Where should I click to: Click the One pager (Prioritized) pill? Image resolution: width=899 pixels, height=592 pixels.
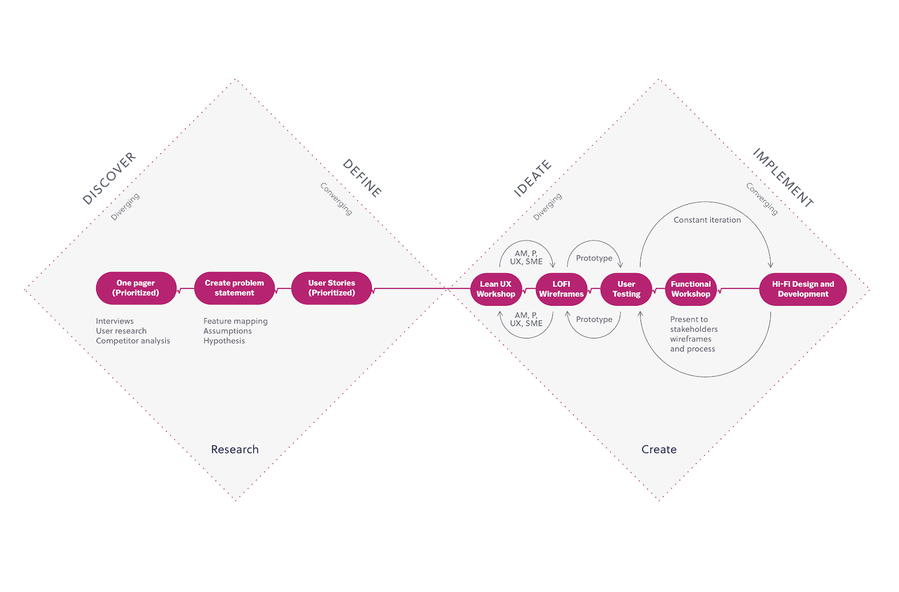(136, 288)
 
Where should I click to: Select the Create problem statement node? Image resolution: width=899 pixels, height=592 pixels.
(234, 288)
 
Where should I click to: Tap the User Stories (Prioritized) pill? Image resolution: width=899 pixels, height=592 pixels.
(332, 288)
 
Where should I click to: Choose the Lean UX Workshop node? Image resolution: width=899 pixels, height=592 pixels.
(496, 289)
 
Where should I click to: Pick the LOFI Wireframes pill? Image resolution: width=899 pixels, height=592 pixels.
(561, 289)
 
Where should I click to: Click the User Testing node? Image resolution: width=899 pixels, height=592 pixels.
(626, 289)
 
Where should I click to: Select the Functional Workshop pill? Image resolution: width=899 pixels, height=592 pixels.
(691, 289)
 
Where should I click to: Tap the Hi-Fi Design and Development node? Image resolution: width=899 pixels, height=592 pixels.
(803, 289)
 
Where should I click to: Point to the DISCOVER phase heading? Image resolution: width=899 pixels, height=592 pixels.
(109, 178)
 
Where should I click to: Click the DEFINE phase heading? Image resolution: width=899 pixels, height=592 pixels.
(362, 178)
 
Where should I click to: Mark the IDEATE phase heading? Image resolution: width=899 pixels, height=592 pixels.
(533, 178)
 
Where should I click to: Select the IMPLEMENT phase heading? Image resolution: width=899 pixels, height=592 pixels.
(783, 178)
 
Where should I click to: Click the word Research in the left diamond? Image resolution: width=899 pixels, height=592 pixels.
(235, 449)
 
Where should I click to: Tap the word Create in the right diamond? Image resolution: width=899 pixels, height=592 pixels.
(659, 449)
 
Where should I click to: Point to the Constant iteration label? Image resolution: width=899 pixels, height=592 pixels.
(707, 220)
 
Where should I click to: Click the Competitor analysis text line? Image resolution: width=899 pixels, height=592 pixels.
(133, 341)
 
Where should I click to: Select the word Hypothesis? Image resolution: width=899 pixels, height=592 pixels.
(224, 341)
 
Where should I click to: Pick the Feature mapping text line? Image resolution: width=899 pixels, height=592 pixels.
(235, 322)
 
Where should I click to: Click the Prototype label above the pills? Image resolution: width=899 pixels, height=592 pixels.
(594, 258)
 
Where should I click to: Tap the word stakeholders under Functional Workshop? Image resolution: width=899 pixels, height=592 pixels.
(694, 329)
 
